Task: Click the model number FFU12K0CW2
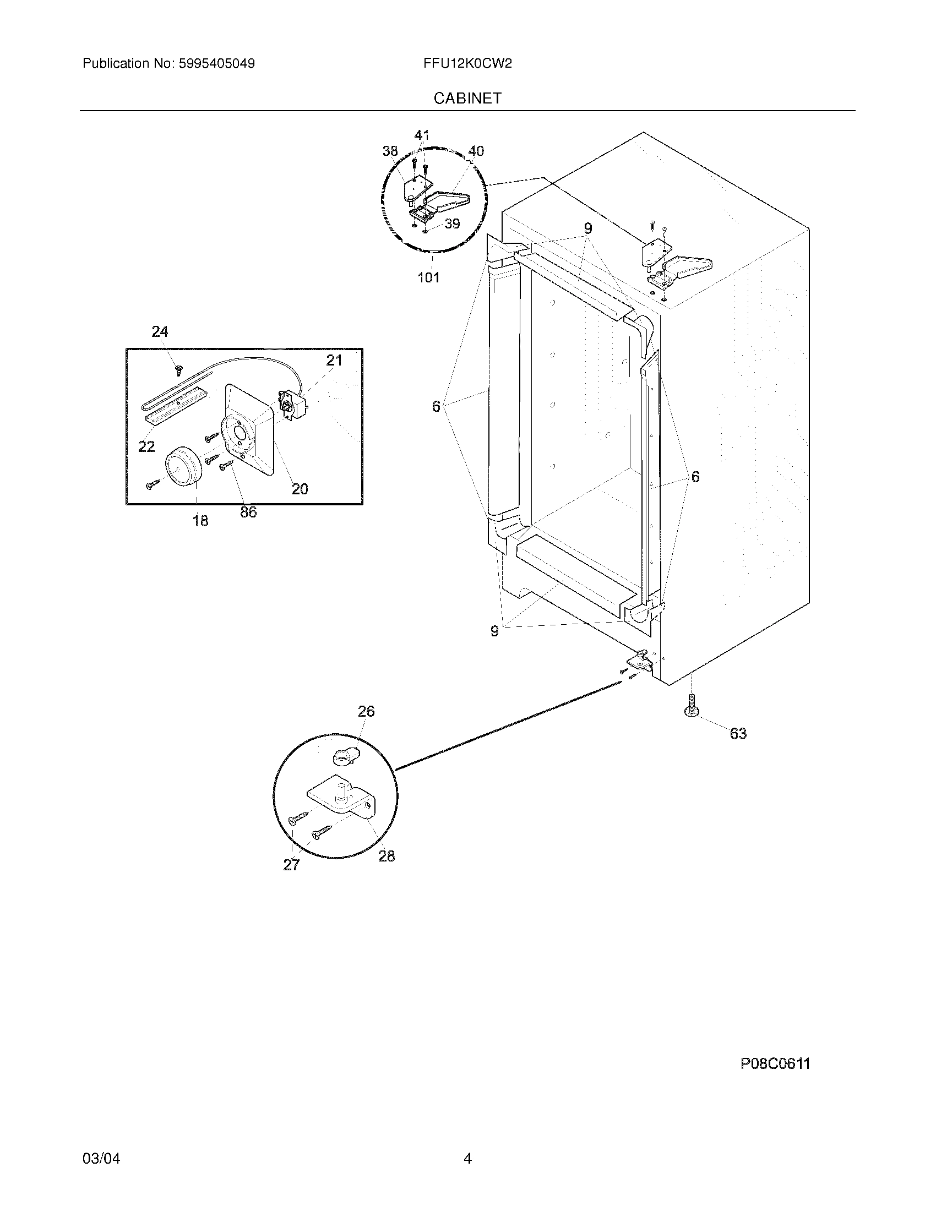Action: [x=467, y=64]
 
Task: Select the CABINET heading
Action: [x=467, y=98]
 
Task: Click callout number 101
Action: [x=428, y=277]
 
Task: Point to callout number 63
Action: [x=737, y=734]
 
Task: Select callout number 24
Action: [x=160, y=331]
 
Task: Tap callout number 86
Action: [x=248, y=512]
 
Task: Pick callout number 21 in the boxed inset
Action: [x=334, y=361]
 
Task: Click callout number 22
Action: [x=146, y=446]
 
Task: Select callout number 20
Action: [x=300, y=489]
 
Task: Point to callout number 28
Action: [x=387, y=857]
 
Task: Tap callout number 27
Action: [x=291, y=865]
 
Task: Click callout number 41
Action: [x=422, y=135]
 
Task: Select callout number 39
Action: [x=453, y=223]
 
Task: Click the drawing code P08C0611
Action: [x=775, y=1063]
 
